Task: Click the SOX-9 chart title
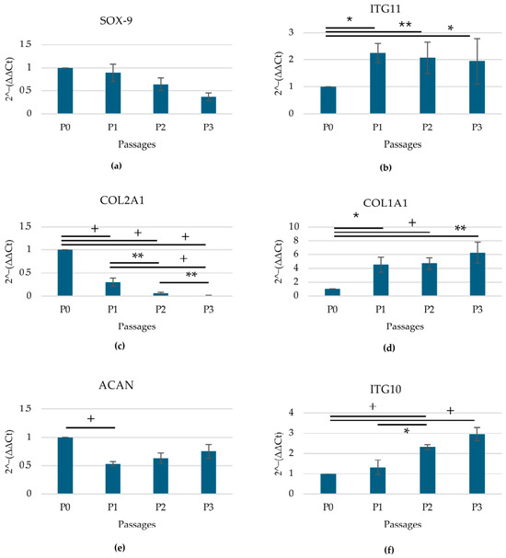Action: pyautogui.click(x=116, y=20)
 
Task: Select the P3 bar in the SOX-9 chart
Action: pyautogui.click(x=208, y=105)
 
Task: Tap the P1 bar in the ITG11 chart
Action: pyautogui.click(x=377, y=84)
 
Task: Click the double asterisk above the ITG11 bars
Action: pyautogui.click(x=405, y=25)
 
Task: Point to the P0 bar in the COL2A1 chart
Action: pyautogui.click(x=65, y=273)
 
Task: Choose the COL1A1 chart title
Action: pyautogui.click(x=385, y=203)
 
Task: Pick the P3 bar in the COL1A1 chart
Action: pyautogui.click(x=477, y=274)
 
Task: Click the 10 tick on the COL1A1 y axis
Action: pyautogui.click(x=294, y=226)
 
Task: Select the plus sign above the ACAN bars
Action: pyautogui.click(x=91, y=418)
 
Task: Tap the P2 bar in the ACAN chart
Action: pyautogui.click(x=161, y=476)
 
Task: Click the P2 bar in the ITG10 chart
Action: pyautogui.click(x=427, y=470)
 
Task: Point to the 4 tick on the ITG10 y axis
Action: pyautogui.click(x=292, y=413)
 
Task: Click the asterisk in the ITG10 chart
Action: pyautogui.click(x=407, y=431)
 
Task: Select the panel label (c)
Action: pyautogui.click(x=120, y=346)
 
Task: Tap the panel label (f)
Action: pyautogui.click(x=388, y=550)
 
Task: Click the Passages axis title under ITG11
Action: pyautogui.click(x=402, y=144)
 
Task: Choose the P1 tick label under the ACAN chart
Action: pyautogui.click(x=112, y=507)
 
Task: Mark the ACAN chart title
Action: pyautogui.click(x=116, y=385)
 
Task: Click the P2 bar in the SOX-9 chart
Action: pyautogui.click(x=161, y=99)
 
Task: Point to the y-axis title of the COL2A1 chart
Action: pyautogui.click(x=9, y=262)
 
